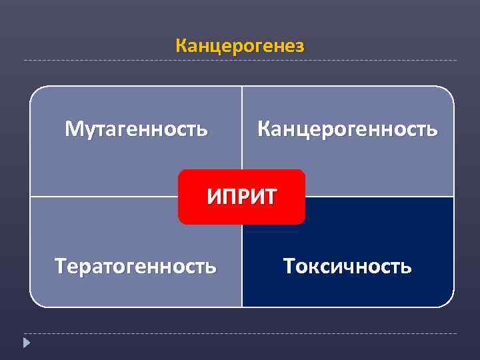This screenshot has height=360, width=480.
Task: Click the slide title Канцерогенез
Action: click(240, 46)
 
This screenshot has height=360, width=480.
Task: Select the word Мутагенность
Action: click(136, 128)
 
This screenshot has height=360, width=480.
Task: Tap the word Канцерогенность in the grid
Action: click(347, 128)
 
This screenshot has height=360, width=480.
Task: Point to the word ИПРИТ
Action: click(241, 196)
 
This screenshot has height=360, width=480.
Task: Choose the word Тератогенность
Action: click(136, 267)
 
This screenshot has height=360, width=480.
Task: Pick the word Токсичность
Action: click(347, 267)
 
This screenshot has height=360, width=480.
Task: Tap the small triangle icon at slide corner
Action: click(26, 343)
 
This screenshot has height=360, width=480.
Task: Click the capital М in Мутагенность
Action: click(73, 128)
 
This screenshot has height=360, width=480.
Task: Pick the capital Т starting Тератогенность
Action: click(61, 267)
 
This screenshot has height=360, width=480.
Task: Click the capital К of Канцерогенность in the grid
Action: click(263, 128)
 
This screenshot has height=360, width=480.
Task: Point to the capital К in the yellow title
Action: click(181, 46)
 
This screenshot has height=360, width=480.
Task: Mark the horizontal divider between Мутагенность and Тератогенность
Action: click(100, 197)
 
